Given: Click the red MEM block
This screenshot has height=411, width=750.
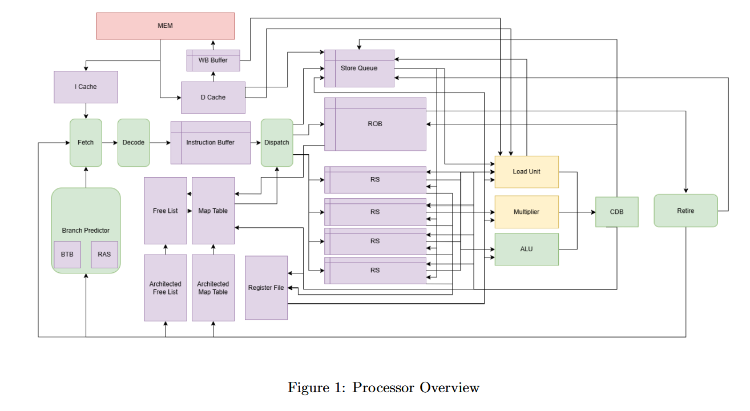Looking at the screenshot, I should pyautogui.click(x=166, y=26).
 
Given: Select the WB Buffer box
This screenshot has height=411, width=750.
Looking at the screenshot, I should pyautogui.click(x=213, y=61).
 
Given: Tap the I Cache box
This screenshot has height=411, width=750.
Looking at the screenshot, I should pyautogui.click(x=86, y=87).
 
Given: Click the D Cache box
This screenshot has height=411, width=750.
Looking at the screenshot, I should pyautogui.click(x=213, y=98).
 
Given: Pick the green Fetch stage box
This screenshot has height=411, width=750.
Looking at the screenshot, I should pyautogui.click(x=86, y=143).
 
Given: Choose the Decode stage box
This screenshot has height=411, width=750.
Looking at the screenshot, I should pyautogui.click(x=134, y=143).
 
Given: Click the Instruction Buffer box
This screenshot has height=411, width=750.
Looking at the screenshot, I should pyautogui.click(x=210, y=143).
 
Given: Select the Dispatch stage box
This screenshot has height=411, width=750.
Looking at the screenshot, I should pyautogui.click(x=277, y=143).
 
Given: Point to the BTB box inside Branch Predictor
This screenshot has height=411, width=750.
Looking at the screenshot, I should pyautogui.click(x=67, y=255).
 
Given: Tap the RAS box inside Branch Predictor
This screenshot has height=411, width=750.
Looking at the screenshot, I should pyautogui.click(x=104, y=255).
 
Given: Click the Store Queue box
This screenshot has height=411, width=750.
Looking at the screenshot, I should pyautogui.click(x=359, y=68).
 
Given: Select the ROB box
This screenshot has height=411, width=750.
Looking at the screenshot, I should pyautogui.click(x=375, y=124).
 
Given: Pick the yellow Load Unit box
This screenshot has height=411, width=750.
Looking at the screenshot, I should pyautogui.click(x=526, y=172).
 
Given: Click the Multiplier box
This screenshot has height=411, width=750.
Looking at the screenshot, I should pyautogui.click(x=526, y=212).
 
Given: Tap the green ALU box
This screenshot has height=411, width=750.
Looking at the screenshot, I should pyautogui.click(x=526, y=249).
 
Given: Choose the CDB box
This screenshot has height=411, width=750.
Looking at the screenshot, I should pyautogui.click(x=616, y=212).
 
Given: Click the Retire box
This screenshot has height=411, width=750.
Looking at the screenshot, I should pyautogui.click(x=686, y=211).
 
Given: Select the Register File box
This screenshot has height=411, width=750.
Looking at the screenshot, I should pyautogui.click(x=266, y=288).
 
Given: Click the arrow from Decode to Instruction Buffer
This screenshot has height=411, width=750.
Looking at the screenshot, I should pyautogui.click(x=160, y=143).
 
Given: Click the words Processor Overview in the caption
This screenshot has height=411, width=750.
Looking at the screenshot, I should pyautogui.click(x=416, y=388).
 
